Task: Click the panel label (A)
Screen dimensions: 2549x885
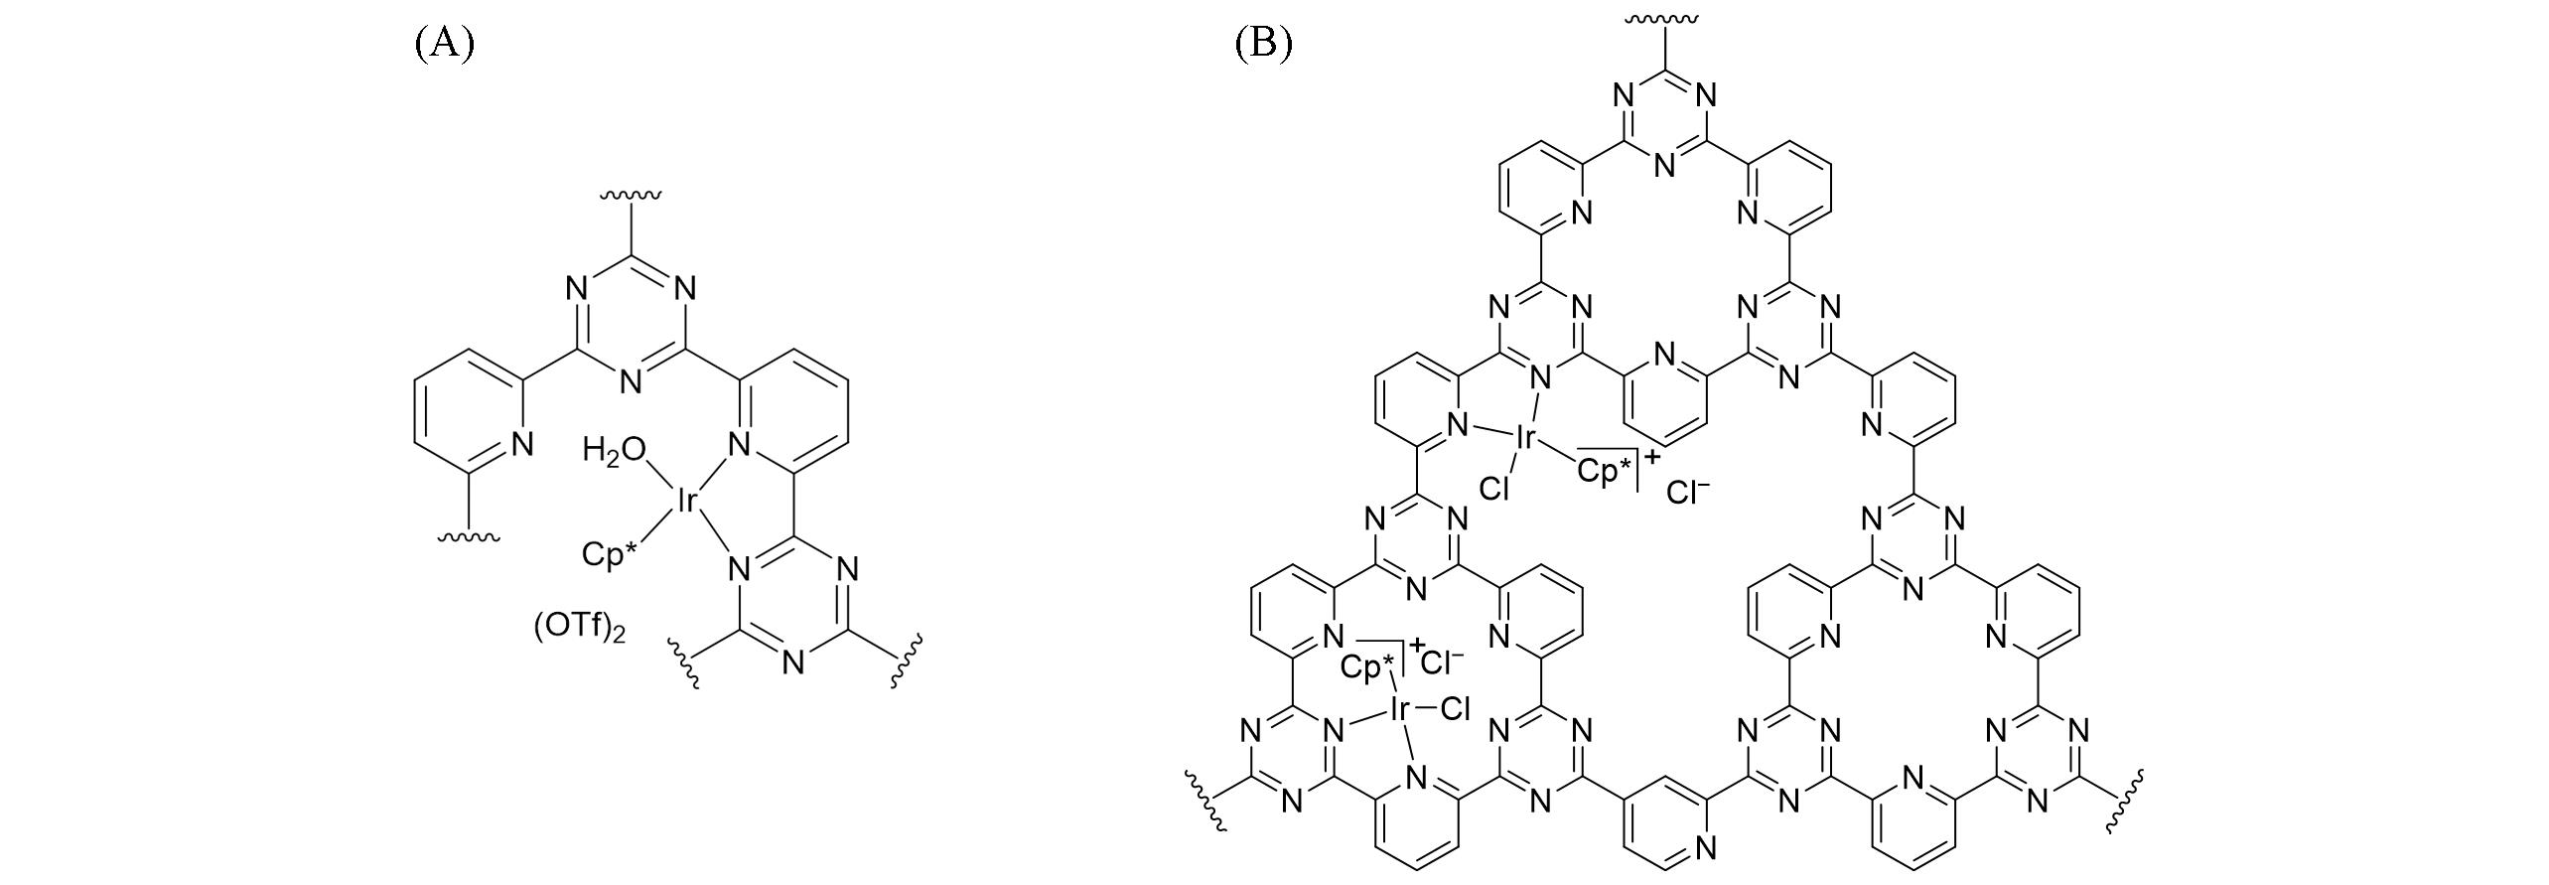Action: coord(444,44)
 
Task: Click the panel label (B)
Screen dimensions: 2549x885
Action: coord(1263,44)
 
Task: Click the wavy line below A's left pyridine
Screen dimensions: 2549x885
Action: coord(469,537)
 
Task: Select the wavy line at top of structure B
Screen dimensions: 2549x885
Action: coord(1665,19)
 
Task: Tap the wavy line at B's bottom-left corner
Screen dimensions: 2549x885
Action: coord(1201,800)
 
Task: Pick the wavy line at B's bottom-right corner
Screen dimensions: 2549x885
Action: coord(2131,800)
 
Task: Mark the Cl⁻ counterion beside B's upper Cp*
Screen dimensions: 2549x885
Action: coord(1688,492)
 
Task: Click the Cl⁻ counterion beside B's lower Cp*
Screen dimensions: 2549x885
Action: coord(1442,662)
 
